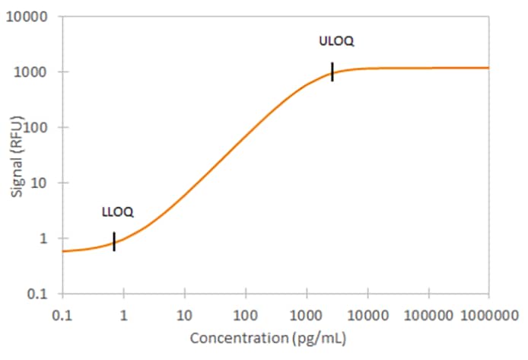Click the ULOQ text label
coord(336,41)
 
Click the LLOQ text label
coord(118,212)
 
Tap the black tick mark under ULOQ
coord(332,72)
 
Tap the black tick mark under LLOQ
coord(114,241)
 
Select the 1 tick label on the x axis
coord(123,313)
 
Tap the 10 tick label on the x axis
coord(184,313)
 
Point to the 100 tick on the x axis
coord(245,313)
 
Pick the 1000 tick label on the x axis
coord(306,313)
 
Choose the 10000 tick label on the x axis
coord(367,313)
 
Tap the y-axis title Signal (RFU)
coord(17,155)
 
